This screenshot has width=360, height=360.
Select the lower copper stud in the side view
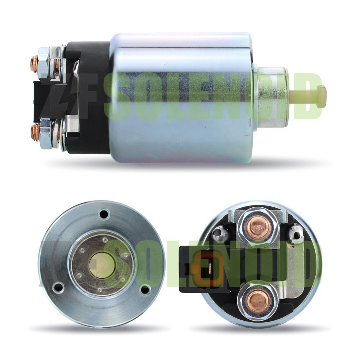coord(34,133)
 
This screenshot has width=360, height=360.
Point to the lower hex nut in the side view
coord(45,133)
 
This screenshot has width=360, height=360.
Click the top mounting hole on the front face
coord(104,214)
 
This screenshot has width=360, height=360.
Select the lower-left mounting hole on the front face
coord(58,287)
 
